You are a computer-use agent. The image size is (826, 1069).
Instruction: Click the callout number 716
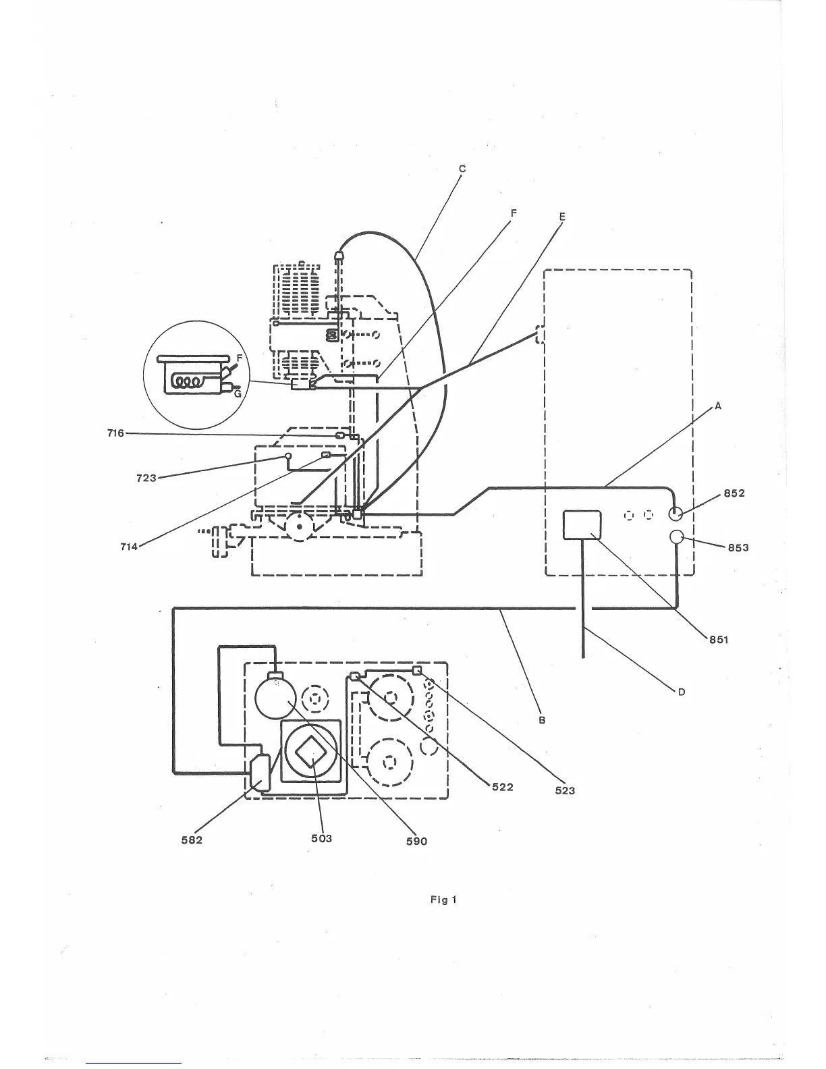pyautogui.click(x=115, y=433)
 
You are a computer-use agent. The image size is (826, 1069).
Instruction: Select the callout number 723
pyautogui.click(x=146, y=478)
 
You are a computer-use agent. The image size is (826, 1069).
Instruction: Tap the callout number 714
pyautogui.click(x=128, y=546)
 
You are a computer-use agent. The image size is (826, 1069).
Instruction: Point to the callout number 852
pyautogui.click(x=734, y=493)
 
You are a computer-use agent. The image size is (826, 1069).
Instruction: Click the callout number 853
pyautogui.click(x=738, y=547)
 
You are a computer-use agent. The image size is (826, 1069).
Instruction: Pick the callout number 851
pyautogui.click(x=718, y=639)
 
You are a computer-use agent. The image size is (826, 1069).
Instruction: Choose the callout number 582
pyautogui.click(x=192, y=840)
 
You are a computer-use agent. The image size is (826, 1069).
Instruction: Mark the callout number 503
pyautogui.click(x=322, y=838)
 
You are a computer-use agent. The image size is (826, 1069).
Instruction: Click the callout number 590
pyautogui.click(x=417, y=841)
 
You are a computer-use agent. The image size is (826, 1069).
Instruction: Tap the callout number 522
pyautogui.click(x=502, y=787)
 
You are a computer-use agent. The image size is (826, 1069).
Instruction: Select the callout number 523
pyautogui.click(x=565, y=790)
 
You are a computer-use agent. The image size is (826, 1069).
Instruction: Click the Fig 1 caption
pyautogui.click(x=444, y=900)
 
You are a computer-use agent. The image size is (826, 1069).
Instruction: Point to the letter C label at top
pyautogui.click(x=462, y=169)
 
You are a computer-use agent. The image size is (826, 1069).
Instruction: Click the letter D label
pyautogui.click(x=682, y=692)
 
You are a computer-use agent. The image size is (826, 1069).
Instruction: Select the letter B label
pyautogui.click(x=541, y=720)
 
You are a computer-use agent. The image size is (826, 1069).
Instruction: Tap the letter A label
pyautogui.click(x=718, y=406)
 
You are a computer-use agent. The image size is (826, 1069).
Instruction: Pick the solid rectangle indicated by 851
pyautogui.click(x=582, y=525)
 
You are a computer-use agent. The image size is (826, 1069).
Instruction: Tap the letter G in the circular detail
pyautogui.click(x=237, y=395)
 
